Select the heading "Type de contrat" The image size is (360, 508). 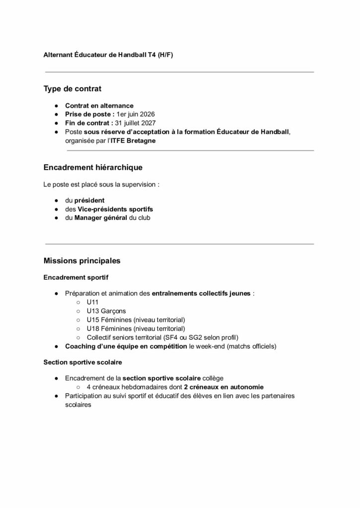(x=72, y=89)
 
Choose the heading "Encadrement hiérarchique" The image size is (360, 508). (x=93, y=168)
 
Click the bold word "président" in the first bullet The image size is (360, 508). (x=89, y=200)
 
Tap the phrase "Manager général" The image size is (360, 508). (x=102, y=217)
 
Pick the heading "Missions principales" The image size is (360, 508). (x=81, y=260)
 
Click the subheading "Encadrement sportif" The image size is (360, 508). (x=76, y=277)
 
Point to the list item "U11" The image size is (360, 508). (x=93, y=302)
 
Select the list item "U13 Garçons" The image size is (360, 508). (x=106, y=311)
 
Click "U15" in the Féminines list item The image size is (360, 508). (x=93, y=320)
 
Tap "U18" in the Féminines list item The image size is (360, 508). (x=93, y=328)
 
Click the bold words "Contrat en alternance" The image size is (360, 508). (x=99, y=106)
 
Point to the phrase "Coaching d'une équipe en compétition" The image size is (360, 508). (x=126, y=345)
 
